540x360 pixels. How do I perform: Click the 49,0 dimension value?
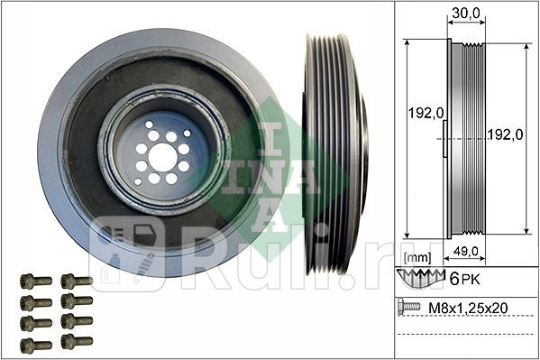point(465,252)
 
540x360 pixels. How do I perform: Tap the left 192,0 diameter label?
point(426,113)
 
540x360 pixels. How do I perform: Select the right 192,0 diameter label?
point(505,134)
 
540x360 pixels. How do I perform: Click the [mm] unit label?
point(417,257)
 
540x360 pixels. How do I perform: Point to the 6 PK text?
point(464,279)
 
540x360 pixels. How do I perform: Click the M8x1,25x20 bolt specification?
point(468,308)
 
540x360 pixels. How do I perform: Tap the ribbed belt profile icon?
point(421,278)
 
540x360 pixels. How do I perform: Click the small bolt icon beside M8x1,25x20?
point(408,306)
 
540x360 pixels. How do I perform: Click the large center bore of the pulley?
point(162,157)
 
